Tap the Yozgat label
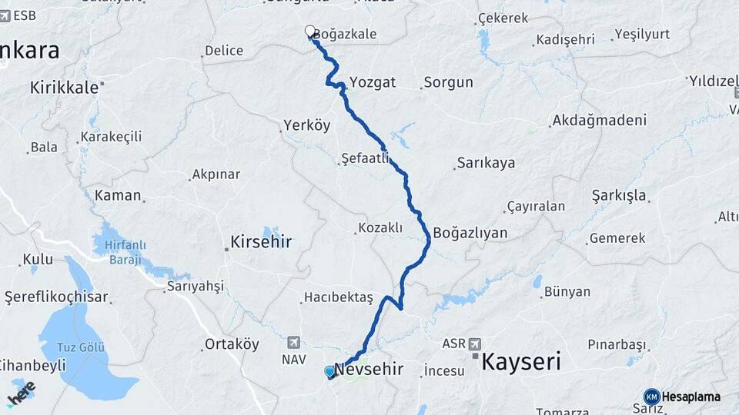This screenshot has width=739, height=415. (x=373, y=81)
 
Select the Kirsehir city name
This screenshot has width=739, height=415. (x=261, y=242)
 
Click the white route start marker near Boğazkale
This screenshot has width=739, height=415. (x=310, y=32)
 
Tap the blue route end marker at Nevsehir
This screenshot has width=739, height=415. (x=330, y=372)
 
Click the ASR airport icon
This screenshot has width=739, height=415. (x=473, y=344)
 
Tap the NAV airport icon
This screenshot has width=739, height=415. (x=293, y=343)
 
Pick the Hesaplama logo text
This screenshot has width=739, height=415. (x=691, y=397)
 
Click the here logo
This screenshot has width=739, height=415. (x=22, y=393)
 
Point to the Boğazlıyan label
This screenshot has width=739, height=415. (x=470, y=232)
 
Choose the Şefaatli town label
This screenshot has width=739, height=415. (x=365, y=160)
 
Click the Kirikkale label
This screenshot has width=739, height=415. (x=64, y=88)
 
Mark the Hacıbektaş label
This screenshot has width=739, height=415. (x=338, y=297)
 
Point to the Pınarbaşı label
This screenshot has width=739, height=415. (x=620, y=344)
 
